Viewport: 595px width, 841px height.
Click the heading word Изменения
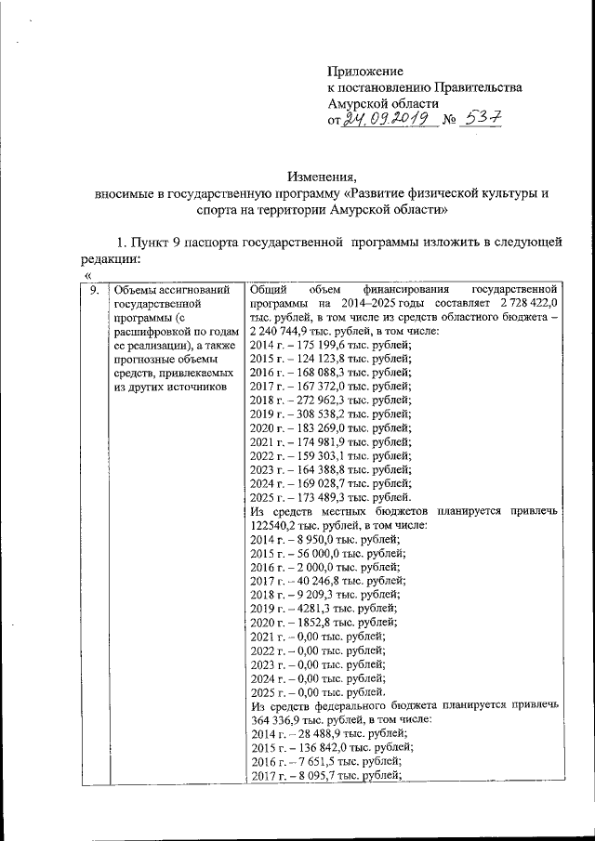tap(321, 177)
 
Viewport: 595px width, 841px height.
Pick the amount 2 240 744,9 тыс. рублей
tap(299, 332)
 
